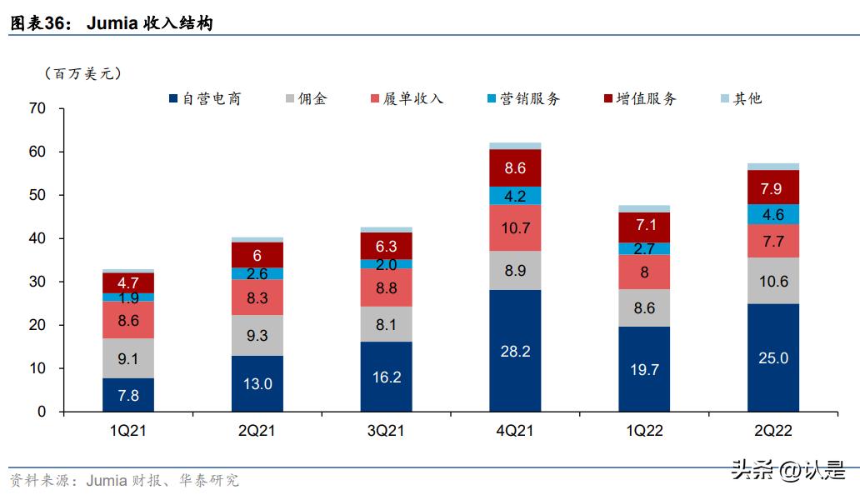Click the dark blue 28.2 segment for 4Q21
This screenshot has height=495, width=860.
[515, 351]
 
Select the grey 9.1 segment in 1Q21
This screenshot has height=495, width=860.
[128, 357]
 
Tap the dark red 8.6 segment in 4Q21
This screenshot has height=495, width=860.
[515, 167]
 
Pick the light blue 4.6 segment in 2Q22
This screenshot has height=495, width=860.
[772, 214]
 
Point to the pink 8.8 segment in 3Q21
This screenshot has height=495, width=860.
[387, 287]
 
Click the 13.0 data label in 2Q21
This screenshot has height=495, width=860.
[257, 383]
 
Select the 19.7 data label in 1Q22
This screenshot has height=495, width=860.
[644, 369]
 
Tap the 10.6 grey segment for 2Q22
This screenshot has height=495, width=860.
[772, 281]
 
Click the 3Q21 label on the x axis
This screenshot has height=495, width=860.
[387, 432]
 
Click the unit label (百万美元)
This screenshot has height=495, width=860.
[83, 73]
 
